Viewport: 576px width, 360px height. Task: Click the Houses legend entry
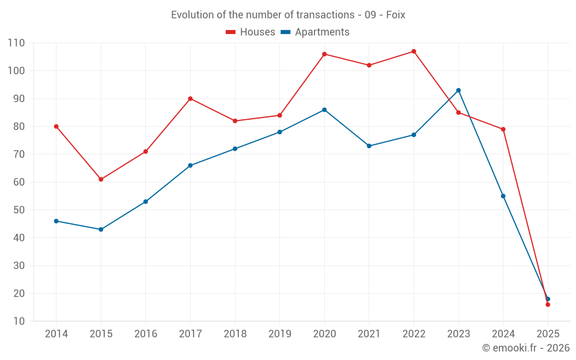(x=251, y=32)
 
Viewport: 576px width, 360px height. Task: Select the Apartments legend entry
(x=315, y=32)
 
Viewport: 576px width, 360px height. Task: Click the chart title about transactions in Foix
(x=288, y=15)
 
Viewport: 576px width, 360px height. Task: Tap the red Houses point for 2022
(x=414, y=51)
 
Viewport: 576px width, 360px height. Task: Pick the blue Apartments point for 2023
(x=458, y=90)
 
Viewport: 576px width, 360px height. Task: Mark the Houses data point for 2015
(x=101, y=179)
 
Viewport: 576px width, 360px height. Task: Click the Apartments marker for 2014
(x=56, y=221)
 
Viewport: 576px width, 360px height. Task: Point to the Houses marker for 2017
(x=190, y=98)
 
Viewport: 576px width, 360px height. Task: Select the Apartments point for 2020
(x=324, y=109)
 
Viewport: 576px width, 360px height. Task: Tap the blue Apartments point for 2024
(x=503, y=196)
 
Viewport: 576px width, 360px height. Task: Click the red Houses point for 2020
(x=324, y=54)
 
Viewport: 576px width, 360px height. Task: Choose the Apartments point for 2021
(x=369, y=146)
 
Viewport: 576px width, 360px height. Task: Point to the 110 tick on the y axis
(x=16, y=43)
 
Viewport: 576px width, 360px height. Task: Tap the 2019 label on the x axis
(x=279, y=334)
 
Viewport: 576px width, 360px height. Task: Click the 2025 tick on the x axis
(x=548, y=334)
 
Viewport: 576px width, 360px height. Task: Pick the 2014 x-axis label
(x=56, y=334)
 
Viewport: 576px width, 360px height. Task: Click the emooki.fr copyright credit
(x=525, y=348)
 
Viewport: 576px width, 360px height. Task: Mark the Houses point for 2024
(x=503, y=129)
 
